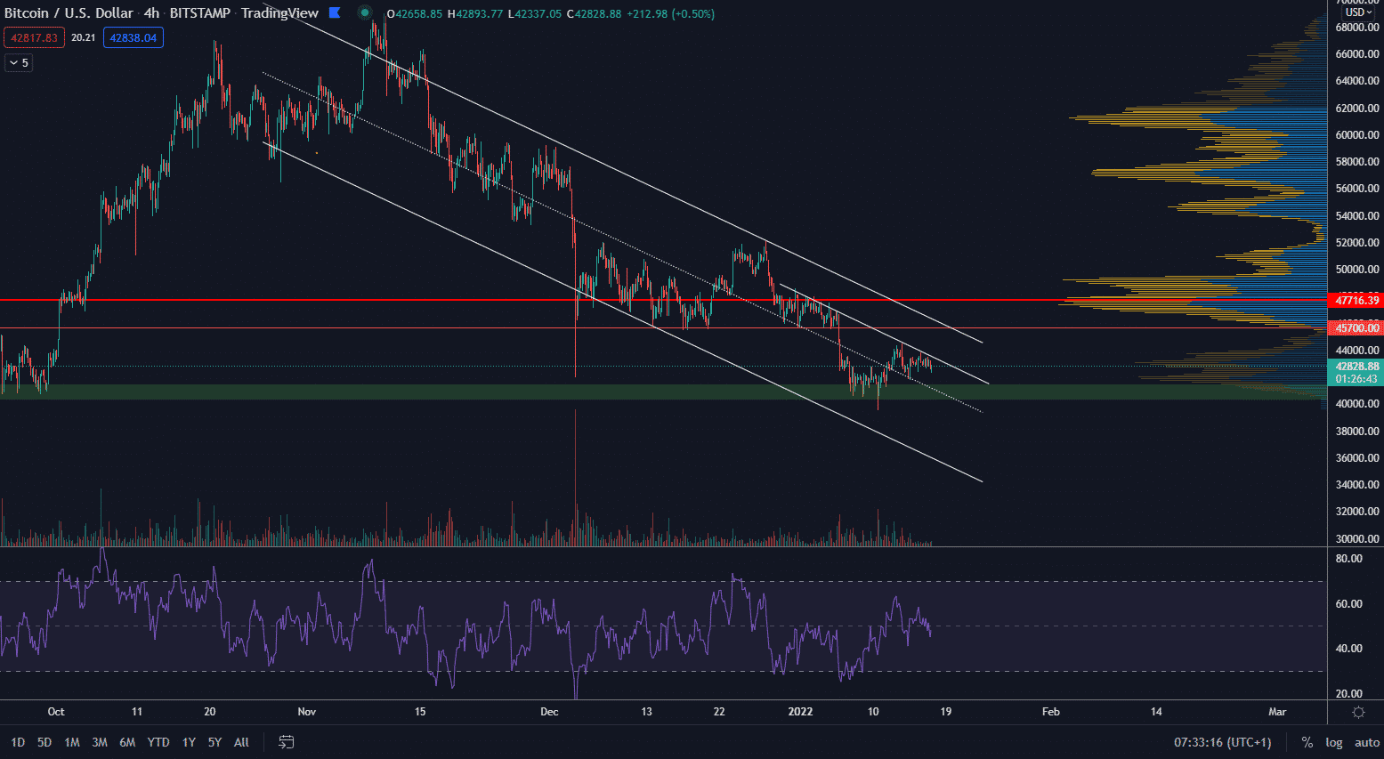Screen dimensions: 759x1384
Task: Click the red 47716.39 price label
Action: [1356, 301]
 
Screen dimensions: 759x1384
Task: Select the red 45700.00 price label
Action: [1356, 328]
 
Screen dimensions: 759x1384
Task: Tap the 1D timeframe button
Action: [18, 742]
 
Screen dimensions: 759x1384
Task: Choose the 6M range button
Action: [127, 742]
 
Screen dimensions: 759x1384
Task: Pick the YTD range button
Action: [158, 742]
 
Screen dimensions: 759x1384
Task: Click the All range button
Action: [241, 742]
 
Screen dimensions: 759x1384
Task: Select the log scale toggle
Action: [1333, 742]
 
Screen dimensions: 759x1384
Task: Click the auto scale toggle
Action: [1367, 742]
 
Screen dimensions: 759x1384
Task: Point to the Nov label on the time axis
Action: [307, 712]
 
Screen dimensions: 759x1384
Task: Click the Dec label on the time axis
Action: [549, 712]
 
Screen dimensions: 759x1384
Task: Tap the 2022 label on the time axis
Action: [800, 712]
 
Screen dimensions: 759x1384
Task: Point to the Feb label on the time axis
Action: [1051, 712]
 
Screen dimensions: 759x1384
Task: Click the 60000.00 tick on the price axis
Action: [1357, 135]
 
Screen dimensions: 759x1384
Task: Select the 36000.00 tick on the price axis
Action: [1357, 458]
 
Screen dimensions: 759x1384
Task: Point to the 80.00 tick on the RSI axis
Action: [1349, 559]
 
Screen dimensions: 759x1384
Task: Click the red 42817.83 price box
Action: [34, 37]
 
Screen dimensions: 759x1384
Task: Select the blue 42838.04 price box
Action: [134, 37]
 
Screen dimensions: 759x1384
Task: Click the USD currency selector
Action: [1358, 12]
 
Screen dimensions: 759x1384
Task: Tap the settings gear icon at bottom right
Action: [1358, 712]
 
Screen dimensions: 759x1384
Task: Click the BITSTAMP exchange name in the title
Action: [199, 13]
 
